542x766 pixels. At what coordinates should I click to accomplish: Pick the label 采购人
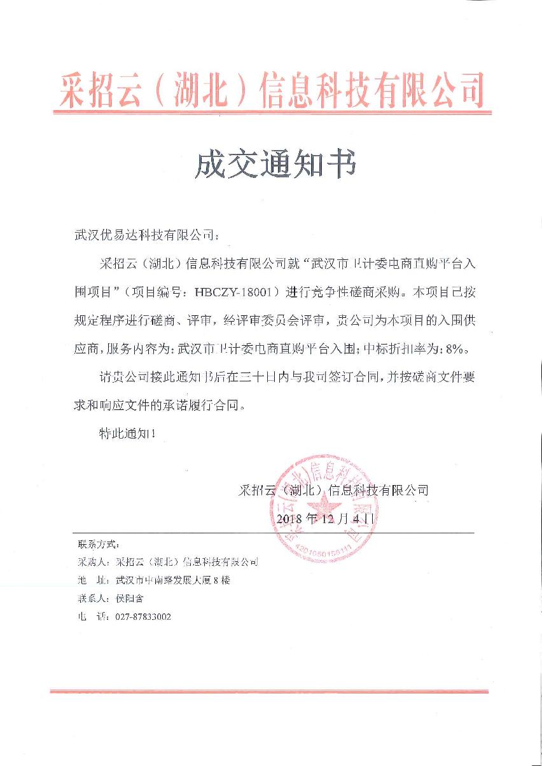click(93, 563)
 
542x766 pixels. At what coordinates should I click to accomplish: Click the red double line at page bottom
click(269, 691)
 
